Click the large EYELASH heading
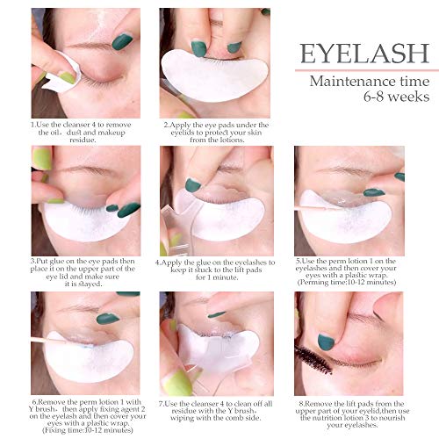pyautogui.click(x=364, y=54)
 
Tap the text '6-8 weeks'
pyautogui.click(x=396, y=97)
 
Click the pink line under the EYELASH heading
pyautogui.click(x=367, y=70)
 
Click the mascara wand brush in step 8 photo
pyautogui.click(x=313, y=360)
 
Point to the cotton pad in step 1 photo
pyautogui.click(x=63, y=73)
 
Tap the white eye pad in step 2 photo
pyautogui.click(x=214, y=75)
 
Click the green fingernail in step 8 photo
pyautogui.click(x=326, y=342)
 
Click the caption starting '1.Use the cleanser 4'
pyautogui.click(x=81, y=133)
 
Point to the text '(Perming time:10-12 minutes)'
pyautogui.click(x=347, y=283)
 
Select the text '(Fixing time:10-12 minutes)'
pyautogui.click(x=88, y=430)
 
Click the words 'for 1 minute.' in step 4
pyautogui.click(x=217, y=277)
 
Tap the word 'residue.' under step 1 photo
pyautogui.click(x=83, y=140)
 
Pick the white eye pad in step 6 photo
pyautogui.click(x=88, y=358)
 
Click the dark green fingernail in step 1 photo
pyautogui.click(x=122, y=41)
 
